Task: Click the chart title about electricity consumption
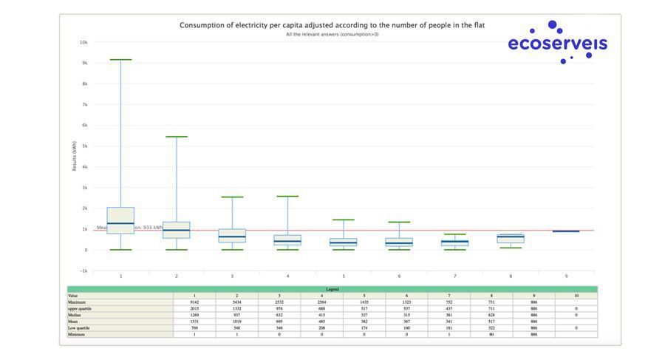332,25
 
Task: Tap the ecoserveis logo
557,42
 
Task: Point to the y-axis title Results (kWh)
75,156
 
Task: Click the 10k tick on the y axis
83,42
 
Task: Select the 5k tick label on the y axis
84,146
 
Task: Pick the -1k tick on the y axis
83,271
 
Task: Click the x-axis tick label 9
567,276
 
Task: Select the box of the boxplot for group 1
120,220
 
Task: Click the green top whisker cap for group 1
120,60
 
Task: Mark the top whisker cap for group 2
177,137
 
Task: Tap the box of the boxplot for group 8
511,239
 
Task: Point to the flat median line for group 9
566,231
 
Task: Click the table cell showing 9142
194,302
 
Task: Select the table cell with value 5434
236,302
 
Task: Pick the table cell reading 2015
194,308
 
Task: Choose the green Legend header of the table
332,289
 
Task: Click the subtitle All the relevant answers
332,34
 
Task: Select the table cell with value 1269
194,315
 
